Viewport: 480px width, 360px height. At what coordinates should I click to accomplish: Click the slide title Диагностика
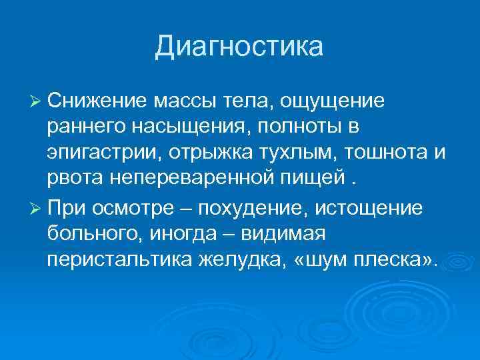(239, 47)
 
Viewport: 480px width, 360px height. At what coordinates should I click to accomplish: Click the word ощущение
(332, 102)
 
